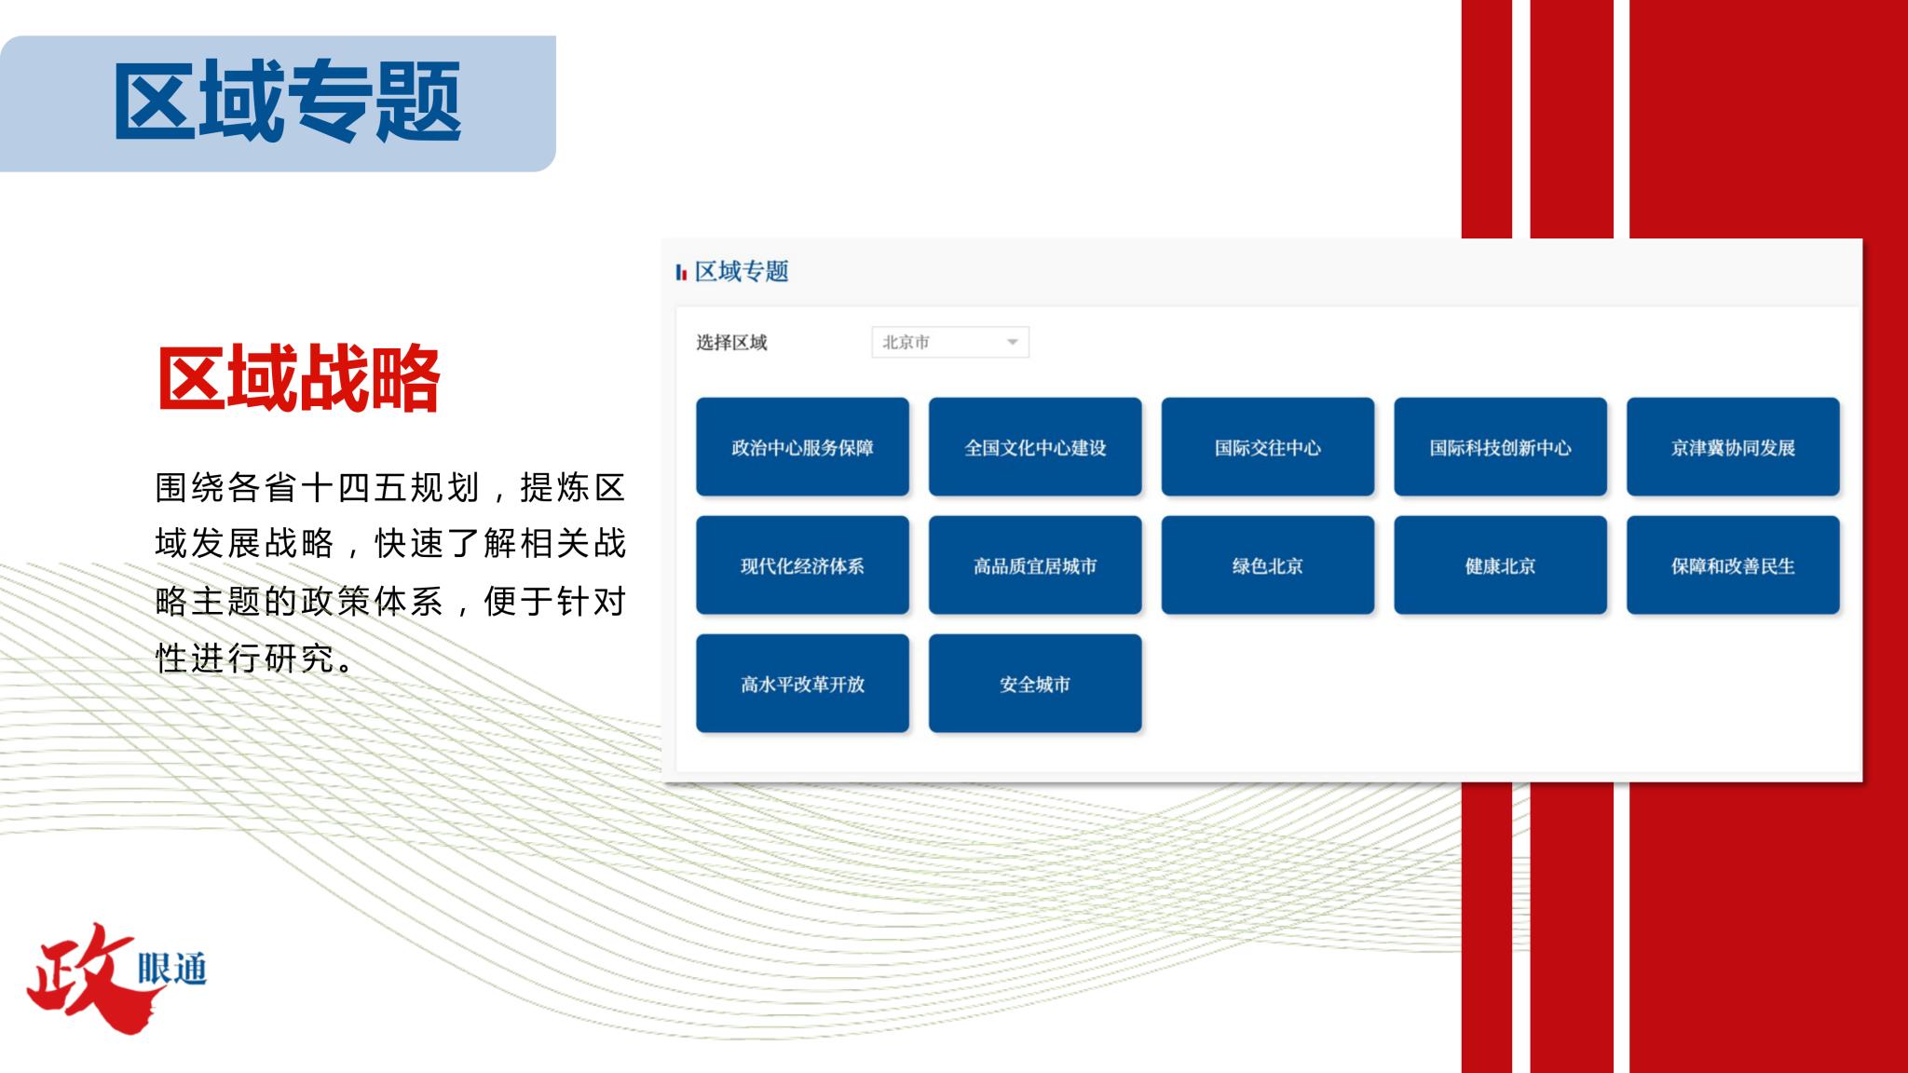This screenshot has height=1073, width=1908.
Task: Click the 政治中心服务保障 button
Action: pyautogui.click(x=802, y=447)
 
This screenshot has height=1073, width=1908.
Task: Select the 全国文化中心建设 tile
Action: pyautogui.click(x=1035, y=447)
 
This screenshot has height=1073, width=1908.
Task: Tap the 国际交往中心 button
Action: pyautogui.click(x=1268, y=447)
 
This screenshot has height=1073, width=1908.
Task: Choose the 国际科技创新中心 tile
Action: pyautogui.click(x=1500, y=447)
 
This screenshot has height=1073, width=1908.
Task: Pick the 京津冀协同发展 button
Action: pyautogui.click(x=1733, y=447)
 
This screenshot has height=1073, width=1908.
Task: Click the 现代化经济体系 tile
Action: pyautogui.click(x=802, y=565)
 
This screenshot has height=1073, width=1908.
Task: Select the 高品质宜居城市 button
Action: pyautogui.click(x=1035, y=565)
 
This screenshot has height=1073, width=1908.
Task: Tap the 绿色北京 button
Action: pyautogui.click(x=1268, y=565)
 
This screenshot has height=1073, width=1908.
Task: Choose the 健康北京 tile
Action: pyautogui.click(x=1500, y=565)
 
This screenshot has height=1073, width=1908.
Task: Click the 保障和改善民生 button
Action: pyautogui.click(x=1733, y=565)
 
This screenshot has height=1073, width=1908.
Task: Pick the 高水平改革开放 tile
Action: pyautogui.click(x=802, y=684)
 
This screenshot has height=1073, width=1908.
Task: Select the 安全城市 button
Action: pyautogui.click(x=1035, y=684)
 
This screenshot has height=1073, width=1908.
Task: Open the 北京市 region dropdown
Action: pyautogui.click(x=950, y=342)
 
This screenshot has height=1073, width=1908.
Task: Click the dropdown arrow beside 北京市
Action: pyautogui.click(x=1012, y=343)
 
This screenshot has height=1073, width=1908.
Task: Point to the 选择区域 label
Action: pyautogui.click(x=731, y=343)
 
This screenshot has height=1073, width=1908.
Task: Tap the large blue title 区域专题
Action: pyautogui.click(x=288, y=101)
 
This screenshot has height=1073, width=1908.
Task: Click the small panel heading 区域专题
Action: pyautogui.click(x=742, y=271)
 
